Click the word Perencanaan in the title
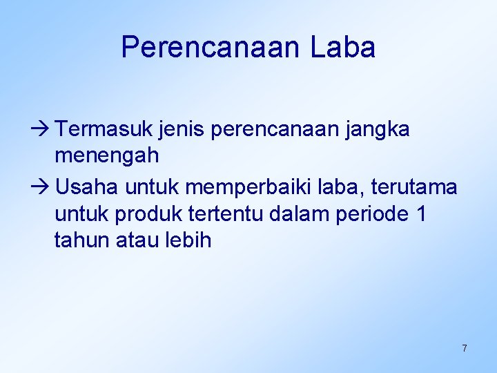211,48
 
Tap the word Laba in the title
343,48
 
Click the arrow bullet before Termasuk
43,129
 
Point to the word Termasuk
97,129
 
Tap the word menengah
107,156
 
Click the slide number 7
465,348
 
